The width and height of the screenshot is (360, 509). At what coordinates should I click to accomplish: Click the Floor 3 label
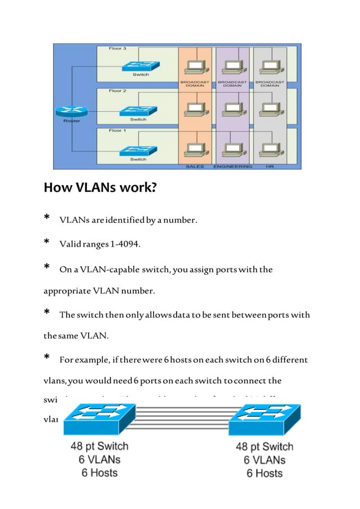[x=118, y=49]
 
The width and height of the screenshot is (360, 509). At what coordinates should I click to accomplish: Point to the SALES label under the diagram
[x=195, y=167]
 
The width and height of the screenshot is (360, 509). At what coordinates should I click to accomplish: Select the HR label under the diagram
[x=269, y=167]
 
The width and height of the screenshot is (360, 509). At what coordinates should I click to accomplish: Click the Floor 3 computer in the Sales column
[x=195, y=67]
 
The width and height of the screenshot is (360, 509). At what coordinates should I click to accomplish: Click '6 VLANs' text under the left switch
[x=99, y=459]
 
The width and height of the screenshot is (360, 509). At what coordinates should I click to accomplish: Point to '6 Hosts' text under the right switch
[x=265, y=473]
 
